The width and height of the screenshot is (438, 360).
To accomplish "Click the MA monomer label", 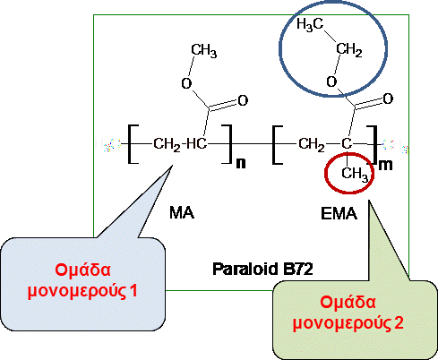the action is pos(182,212).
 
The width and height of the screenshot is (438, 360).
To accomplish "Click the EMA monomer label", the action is pos(339,213).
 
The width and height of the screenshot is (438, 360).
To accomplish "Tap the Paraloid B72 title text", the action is pos(262,269).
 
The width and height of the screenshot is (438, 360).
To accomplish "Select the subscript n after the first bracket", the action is pos(241,163).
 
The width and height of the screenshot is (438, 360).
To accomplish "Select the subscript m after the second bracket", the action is pos(385,165).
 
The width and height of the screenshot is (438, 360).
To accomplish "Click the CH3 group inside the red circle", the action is pos(355,174).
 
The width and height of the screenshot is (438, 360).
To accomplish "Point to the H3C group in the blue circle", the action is pos(310,24).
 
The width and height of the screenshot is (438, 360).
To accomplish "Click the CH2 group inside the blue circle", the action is pos(349,49).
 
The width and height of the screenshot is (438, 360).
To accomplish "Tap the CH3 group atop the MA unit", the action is pos(204,50).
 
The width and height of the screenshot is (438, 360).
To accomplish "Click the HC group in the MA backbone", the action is pos(197,144).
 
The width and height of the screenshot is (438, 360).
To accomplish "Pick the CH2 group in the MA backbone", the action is pos(167,144).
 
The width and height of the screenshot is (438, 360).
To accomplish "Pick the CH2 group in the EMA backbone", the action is pos(312,144).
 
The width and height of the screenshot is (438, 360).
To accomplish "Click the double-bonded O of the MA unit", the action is pos(243,100).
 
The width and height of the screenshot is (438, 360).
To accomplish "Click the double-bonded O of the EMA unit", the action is pos(388,99).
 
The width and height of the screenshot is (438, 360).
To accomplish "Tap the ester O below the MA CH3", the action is pos(186,83).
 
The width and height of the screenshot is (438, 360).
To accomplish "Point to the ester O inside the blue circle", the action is pos(331,81).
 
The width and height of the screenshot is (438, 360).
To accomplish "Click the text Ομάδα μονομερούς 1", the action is pos(82,280).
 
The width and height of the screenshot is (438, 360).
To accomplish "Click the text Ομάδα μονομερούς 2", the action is pos(348,313).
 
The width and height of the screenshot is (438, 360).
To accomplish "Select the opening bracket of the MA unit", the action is pos(133,144).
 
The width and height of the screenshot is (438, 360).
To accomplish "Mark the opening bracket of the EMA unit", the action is pos(278,145).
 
